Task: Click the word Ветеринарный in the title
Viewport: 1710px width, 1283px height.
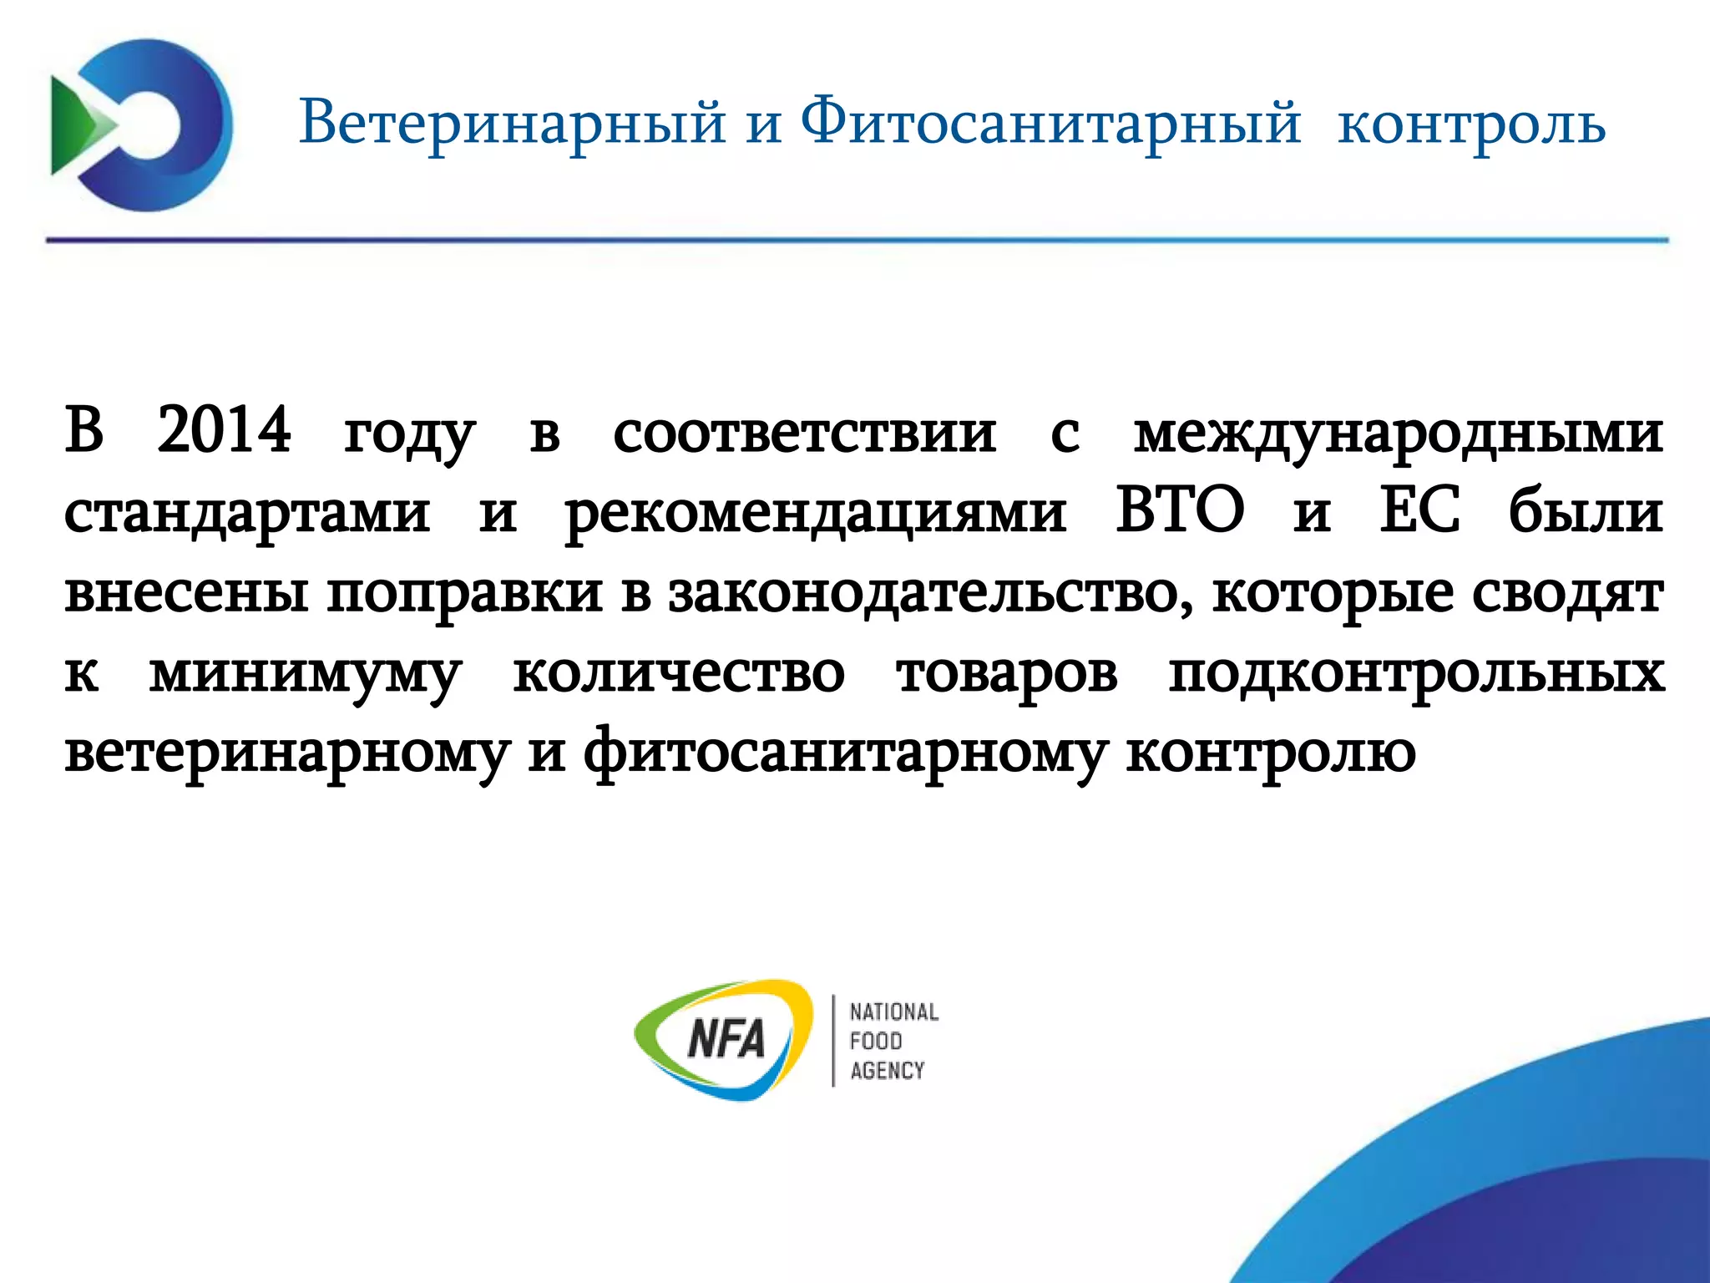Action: point(512,124)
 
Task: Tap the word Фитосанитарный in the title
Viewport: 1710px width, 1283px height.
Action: point(1050,124)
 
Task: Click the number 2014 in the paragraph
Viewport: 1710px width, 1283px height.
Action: point(224,430)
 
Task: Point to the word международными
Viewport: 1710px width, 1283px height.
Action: point(1398,434)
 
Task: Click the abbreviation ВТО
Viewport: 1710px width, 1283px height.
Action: point(1180,510)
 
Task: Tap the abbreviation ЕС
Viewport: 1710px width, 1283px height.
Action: point(1419,510)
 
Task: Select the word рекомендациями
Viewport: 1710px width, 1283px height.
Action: point(816,513)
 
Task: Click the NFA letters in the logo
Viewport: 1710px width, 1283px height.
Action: point(726,1041)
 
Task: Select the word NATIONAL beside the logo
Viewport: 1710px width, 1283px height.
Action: point(893,1012)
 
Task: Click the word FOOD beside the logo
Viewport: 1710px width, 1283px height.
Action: point(876,1042)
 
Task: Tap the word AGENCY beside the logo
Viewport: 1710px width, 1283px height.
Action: point(887,1071)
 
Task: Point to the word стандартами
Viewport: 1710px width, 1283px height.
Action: point(247,513)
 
